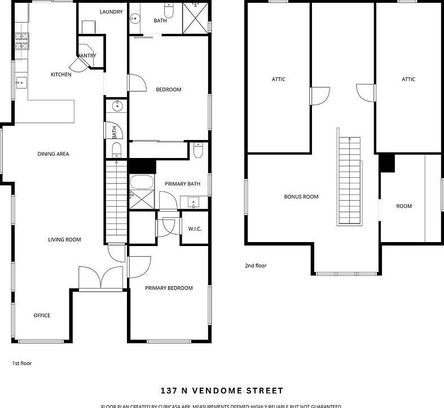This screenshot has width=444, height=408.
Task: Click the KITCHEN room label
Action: [x=61, y=74]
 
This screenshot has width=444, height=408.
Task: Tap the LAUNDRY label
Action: [x=111, y=12]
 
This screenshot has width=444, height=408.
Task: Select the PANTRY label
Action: [x=87, y=55]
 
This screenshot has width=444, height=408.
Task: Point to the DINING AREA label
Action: [x=53, y=153]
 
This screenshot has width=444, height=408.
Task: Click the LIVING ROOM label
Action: [x=64, y=240]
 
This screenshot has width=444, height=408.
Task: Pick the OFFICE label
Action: [x=42, y=315]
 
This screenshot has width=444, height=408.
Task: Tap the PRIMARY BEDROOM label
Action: [x=169, y=288]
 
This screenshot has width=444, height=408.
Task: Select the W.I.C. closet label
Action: [x=195, y=229]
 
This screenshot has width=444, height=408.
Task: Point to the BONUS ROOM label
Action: [x=301, y=197]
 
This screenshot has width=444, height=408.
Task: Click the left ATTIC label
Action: [x=278, y=80]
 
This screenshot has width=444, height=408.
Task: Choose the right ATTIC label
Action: [x=408, y=80]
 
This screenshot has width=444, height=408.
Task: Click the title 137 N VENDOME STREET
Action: [x=222, y=391]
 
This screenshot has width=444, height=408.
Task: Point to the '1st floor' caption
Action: [x=22, y=363]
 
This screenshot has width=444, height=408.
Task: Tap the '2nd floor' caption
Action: [x=256, y=265]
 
